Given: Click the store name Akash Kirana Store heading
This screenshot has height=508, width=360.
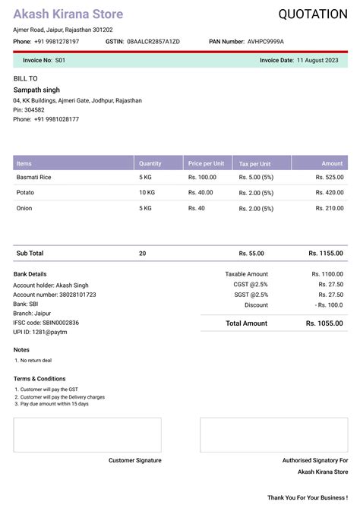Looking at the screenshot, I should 68,14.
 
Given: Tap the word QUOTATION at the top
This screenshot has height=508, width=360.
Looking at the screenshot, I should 313,14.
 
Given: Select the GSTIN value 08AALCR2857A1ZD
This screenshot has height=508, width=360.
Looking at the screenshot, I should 153,41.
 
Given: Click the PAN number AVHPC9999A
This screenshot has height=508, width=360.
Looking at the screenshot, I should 266,41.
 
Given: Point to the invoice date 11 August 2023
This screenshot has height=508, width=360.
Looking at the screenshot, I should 317,59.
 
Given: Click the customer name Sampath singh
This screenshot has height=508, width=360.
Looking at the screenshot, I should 36,90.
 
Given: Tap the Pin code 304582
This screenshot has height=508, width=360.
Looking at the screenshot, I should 34,109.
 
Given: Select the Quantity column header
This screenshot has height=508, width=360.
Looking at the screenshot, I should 150,163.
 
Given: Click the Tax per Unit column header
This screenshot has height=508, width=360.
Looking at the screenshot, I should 254,163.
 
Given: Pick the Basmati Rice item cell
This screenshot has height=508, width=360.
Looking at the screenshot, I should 34,177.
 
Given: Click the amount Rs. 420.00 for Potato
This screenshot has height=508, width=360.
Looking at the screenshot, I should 330,192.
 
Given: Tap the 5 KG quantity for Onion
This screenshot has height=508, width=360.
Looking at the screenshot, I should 146,207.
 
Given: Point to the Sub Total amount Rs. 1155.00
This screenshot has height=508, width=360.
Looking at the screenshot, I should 326,253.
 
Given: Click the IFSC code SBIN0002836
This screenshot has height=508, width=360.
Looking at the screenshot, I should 60,322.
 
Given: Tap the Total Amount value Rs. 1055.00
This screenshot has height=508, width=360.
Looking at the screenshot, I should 324,323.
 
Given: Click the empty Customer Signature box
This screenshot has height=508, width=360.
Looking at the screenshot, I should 87,434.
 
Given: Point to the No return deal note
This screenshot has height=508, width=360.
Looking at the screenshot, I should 36,360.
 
